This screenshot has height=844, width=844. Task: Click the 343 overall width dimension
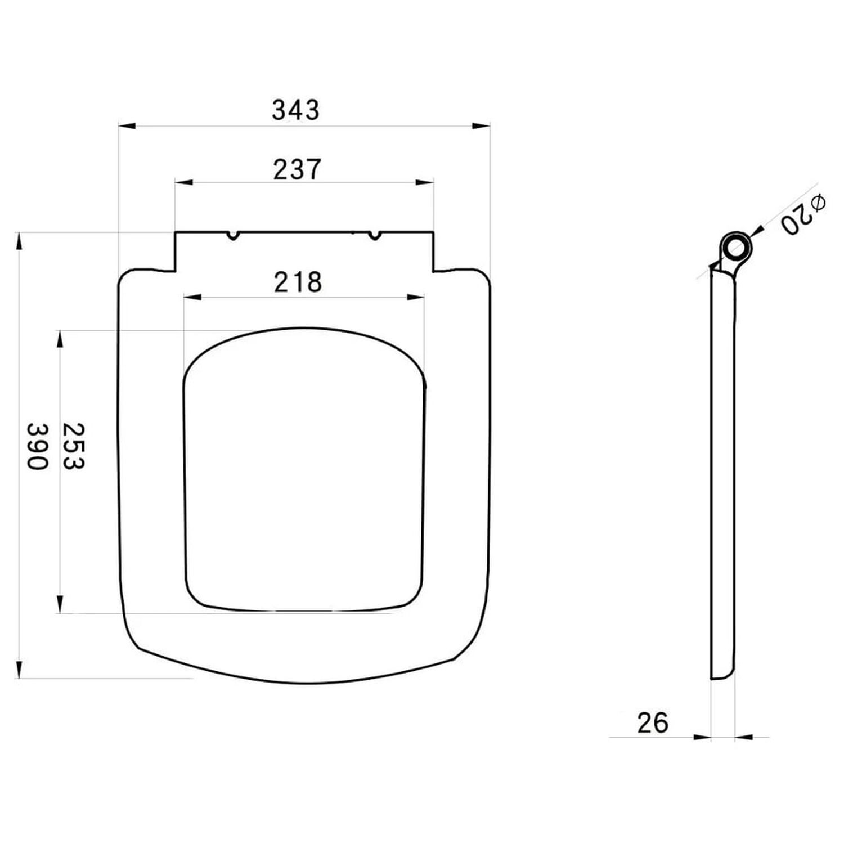pos(295,110)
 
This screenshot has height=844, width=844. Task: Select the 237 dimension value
pos(297,169)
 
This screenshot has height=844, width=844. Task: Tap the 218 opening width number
pos(298,282)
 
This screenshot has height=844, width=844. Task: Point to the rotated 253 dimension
pos(73,446)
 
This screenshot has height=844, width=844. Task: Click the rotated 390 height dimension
pos(38,446)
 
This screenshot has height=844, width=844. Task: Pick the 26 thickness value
pos(653,722)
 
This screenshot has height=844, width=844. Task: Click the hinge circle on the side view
pos(737,246)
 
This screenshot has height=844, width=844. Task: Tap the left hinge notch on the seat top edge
pos(232,235)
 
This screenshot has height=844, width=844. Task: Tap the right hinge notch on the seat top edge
pos(374,235)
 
